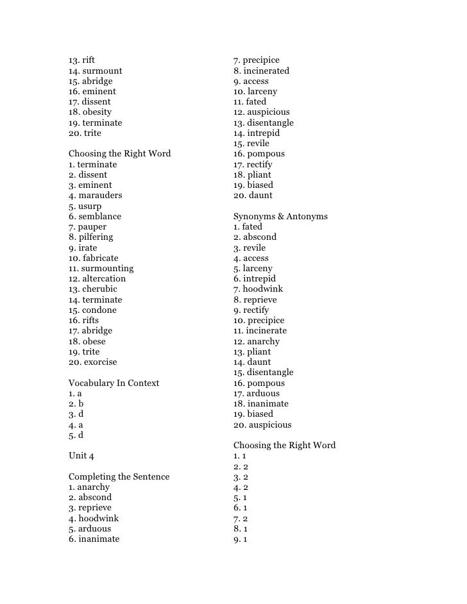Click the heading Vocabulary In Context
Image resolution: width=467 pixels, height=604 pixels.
click(114, 383)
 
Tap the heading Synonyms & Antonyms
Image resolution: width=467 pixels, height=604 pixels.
click(280, 216)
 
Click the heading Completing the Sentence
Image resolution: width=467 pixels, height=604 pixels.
click(119, 476)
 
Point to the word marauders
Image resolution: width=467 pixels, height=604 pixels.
click(100, 195)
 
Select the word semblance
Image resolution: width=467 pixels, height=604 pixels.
click(99, 216)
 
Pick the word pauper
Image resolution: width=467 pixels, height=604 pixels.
click(92, 226)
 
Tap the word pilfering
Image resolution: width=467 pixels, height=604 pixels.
click(96, 237)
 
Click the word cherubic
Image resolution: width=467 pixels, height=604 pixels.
click(101, 289)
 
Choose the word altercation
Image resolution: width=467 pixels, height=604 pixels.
click(104, 278)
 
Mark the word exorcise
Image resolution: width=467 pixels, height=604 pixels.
click(100, 362)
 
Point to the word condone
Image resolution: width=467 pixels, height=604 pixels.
click(99, 310)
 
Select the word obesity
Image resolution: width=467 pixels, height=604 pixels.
click(97, 112)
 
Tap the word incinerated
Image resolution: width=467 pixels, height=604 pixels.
click(266, 71)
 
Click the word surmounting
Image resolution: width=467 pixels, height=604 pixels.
click(108, 268)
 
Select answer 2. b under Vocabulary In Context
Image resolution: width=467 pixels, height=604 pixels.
click(76, 404)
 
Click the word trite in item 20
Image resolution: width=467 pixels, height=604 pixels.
click(92, 133)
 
